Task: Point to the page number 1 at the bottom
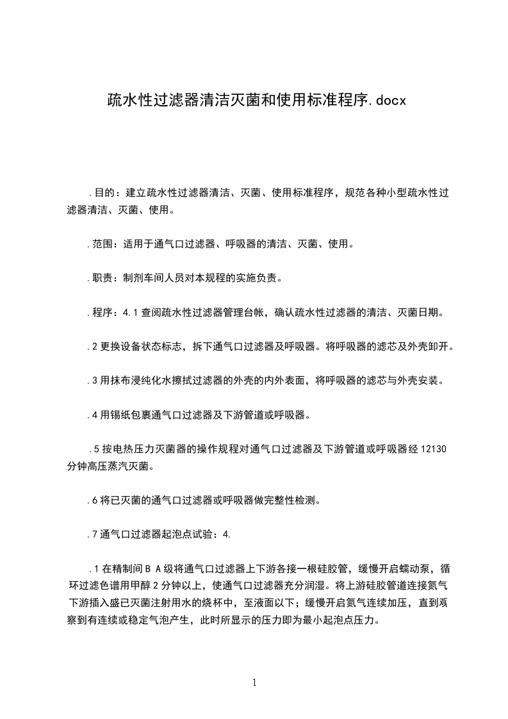[x=254, y=682]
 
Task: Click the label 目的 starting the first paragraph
[x=104, y=192]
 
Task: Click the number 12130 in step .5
[x=433, y=449]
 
